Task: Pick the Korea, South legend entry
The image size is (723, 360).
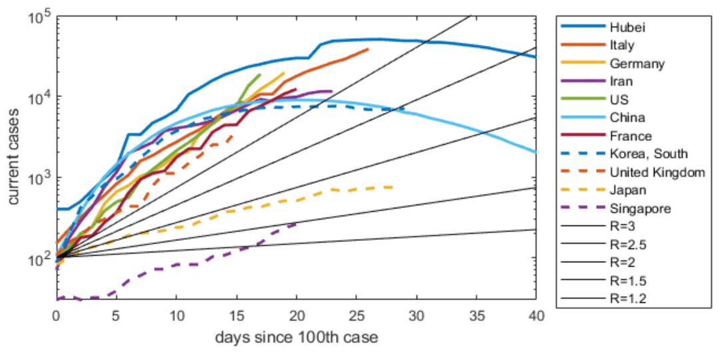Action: tap(639, 154)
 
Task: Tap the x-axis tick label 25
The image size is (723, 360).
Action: tap(357, 315)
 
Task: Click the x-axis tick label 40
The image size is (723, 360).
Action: tap(536, 315)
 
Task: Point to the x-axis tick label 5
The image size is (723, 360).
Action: tap(116, 315)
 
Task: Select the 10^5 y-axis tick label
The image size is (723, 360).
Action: tap(39, 17)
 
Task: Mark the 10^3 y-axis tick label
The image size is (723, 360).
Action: tap(39, 178)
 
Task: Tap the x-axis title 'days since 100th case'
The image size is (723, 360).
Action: tap(296, 338)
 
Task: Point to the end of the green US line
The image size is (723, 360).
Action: tap(260, 75)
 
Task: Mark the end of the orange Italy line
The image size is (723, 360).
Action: tap(368, 49)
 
